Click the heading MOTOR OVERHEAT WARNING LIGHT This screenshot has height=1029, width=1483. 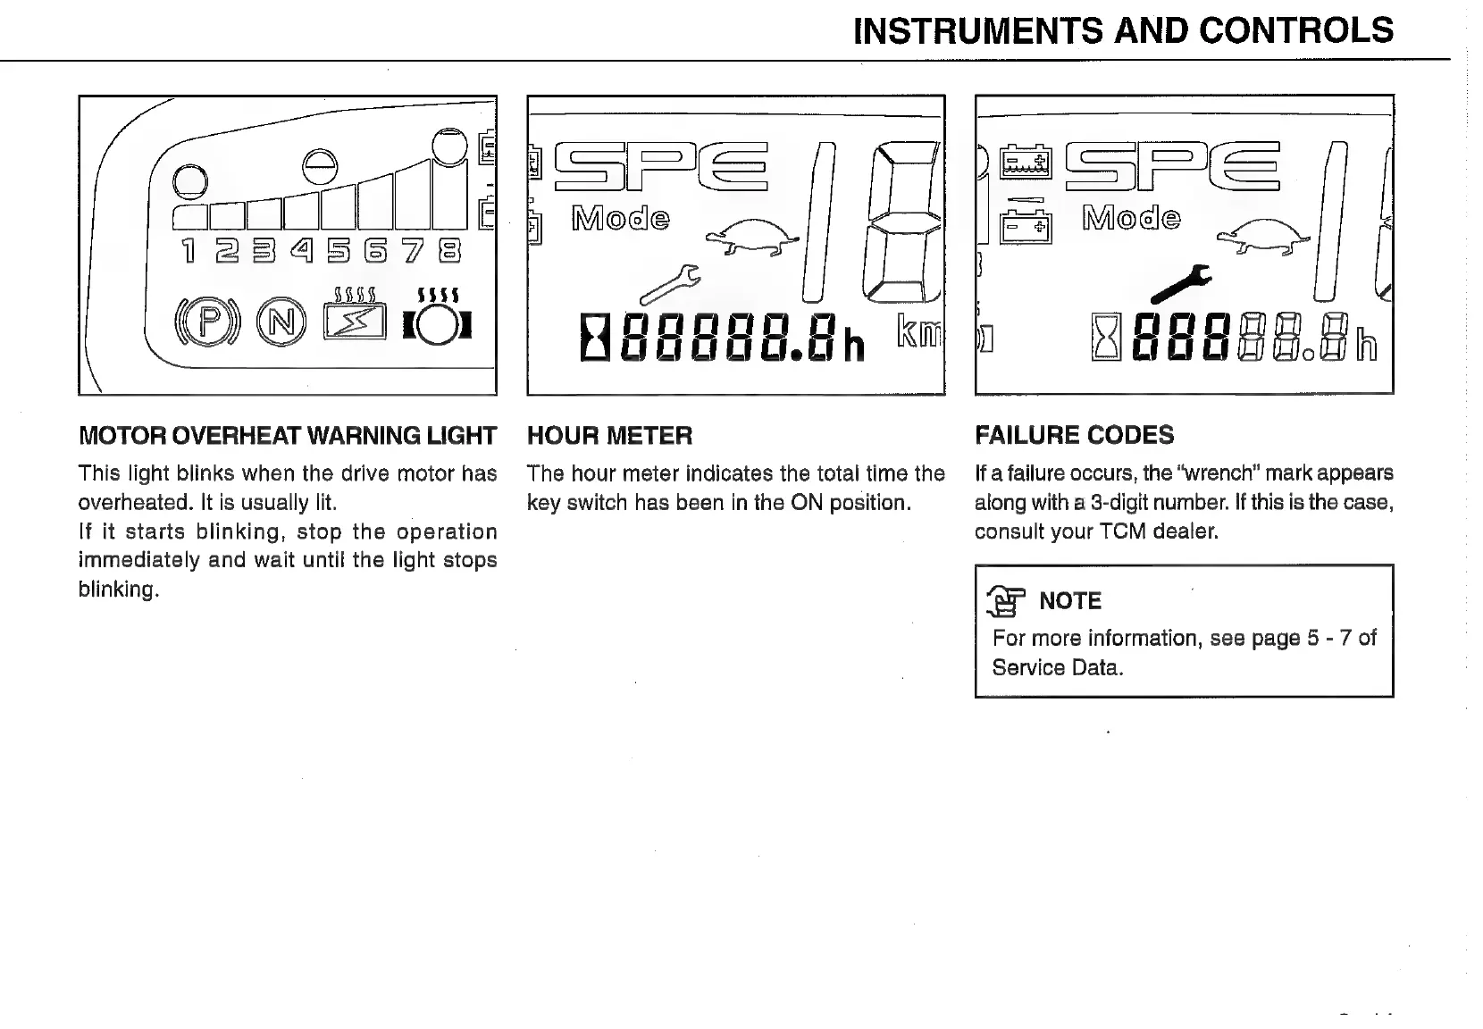[288, 436]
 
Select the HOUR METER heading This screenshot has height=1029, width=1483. [609, 436]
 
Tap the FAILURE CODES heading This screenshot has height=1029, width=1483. [1074, 436]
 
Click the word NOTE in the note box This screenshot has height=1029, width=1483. [1070, 601]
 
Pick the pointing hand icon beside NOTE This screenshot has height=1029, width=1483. [1006, 601]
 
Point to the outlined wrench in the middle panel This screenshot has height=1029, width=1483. [669, 284]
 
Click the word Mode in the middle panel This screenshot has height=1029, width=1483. [620, 218]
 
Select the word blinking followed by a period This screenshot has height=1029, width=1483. [118, 590]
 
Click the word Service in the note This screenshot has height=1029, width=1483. [1027, 668]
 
